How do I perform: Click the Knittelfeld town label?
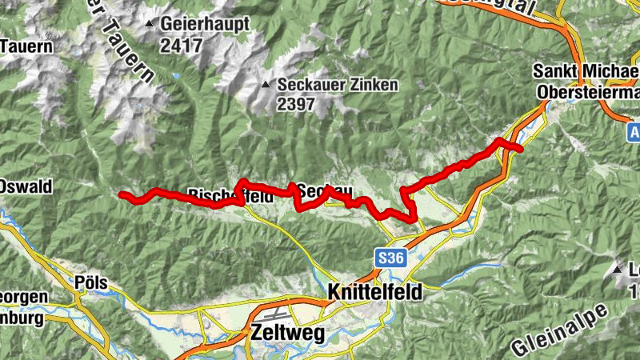(x=374, y=294)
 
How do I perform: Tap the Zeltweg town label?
(x=288, y=334)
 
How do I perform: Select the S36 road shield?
(x=387, y=258)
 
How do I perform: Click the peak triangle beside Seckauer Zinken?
(x=266, y=84)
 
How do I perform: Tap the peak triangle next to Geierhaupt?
(x=150, y=24)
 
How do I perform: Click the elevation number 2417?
(x=181, y=46)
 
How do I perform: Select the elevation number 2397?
(x=297, y=104)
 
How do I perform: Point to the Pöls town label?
(x=90, y=283)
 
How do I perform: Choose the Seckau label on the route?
(x=325, y=190)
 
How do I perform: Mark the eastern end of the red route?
(x=521, y=149)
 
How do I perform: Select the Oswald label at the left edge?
(x=26, y=186)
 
